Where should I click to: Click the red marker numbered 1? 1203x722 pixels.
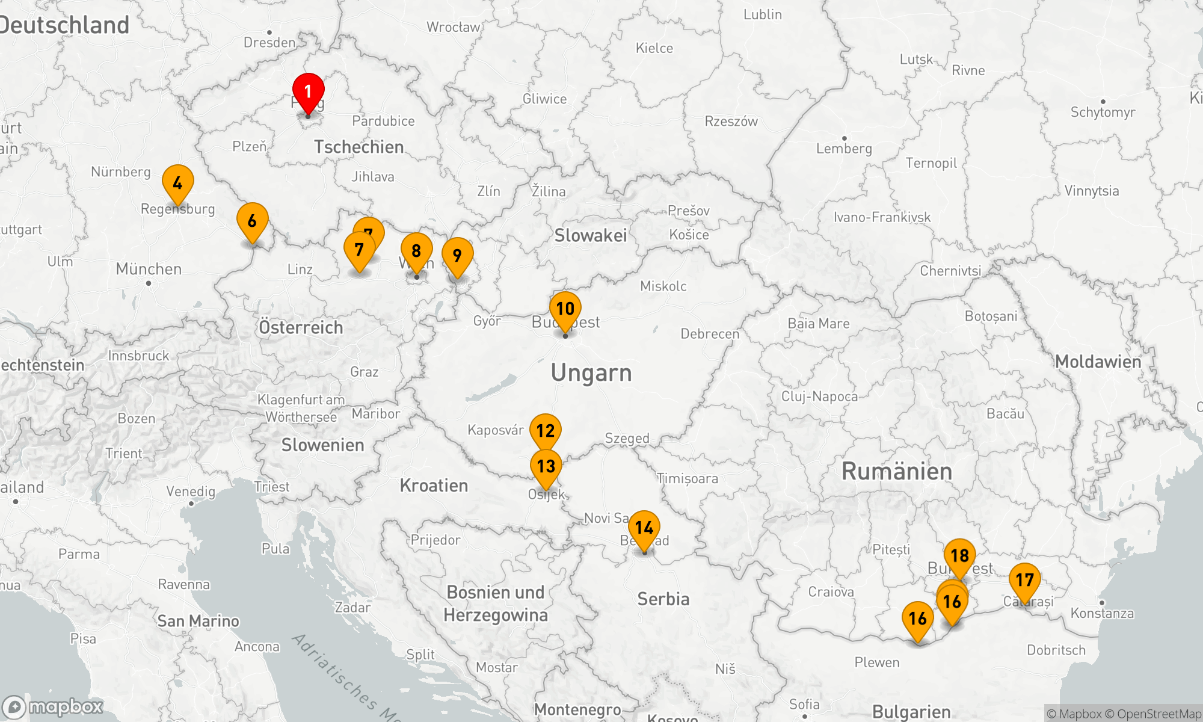308,91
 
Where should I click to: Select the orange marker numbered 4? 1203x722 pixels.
177,182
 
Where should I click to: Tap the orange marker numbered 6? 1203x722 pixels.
252,220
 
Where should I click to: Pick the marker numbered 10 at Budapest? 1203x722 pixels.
565,309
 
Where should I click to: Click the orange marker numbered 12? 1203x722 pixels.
545,431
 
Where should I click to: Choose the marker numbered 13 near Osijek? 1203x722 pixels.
546,466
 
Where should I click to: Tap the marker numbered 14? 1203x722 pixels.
644,528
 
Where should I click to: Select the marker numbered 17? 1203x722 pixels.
1024,580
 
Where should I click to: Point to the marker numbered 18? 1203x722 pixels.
959,555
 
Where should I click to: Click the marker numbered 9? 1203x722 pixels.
457,255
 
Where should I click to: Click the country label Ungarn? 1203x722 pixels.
591,373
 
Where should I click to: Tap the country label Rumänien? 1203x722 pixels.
896,471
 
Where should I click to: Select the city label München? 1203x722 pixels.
149,269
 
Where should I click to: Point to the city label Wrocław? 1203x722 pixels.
453,27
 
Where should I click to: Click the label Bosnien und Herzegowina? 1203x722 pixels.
496,603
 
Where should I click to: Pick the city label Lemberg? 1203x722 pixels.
843,149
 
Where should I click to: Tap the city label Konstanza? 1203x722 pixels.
1102,613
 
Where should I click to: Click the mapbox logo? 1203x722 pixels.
53,706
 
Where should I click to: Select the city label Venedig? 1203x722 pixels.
191,492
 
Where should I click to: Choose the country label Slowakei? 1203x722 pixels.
591,235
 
